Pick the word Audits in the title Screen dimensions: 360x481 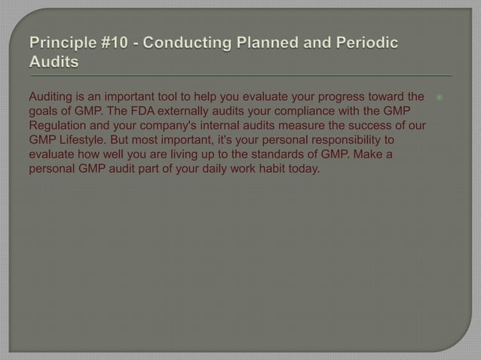pyautogui.click(x=54, y=63)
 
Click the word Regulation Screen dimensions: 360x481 pyautogui.click(x=60, y=126)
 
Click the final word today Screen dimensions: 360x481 pyautogui.click(x=304, y=169)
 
